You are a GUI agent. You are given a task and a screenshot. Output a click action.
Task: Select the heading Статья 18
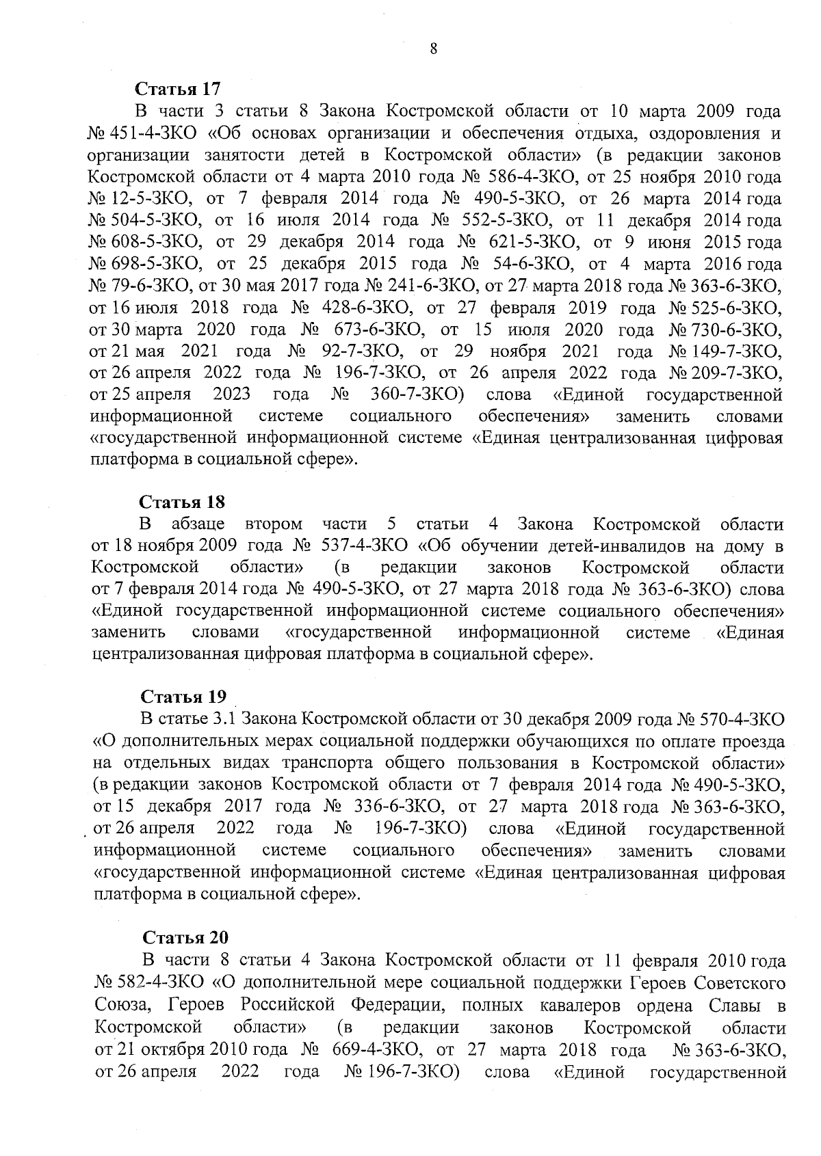click(182, 502)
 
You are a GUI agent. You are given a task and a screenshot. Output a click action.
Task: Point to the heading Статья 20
click(185, 938)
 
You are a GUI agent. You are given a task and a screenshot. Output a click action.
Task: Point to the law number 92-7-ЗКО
click(361, 351)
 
